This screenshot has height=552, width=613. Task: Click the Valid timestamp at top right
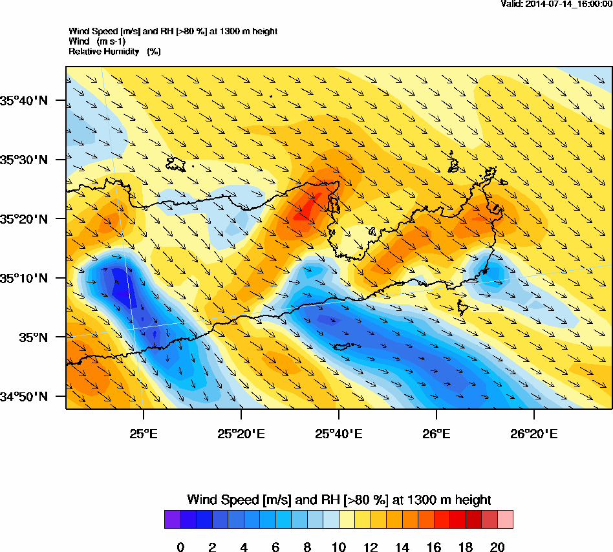point(557,4)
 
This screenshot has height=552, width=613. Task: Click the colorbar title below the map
point(339,500)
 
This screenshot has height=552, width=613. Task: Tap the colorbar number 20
point(497,547)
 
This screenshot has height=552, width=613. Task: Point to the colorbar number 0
point(180,547)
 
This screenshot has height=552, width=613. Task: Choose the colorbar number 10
point(339,547)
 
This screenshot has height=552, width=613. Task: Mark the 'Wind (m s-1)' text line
point(97,41)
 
